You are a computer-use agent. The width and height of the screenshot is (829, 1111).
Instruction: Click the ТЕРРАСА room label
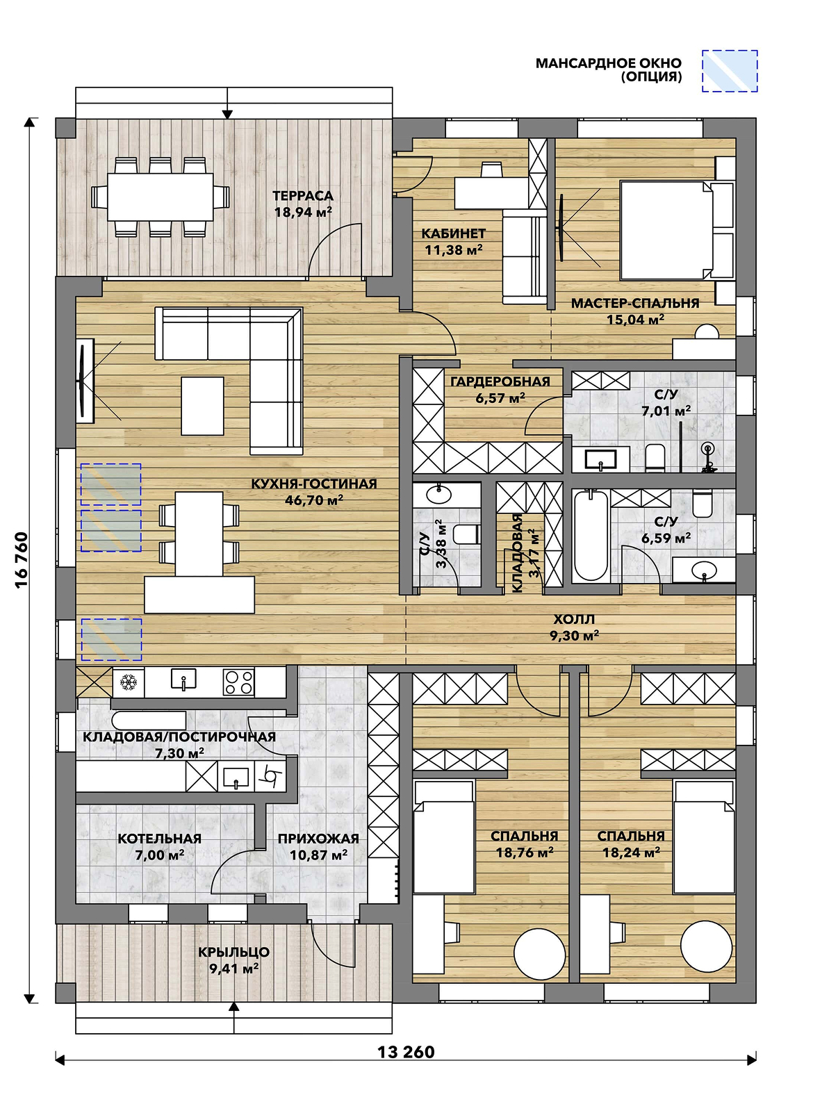pos(303,195)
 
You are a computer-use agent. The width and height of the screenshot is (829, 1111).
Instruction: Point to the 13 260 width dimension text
pos(406,1052)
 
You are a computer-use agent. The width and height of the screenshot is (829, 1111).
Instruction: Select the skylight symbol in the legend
pos(730,71)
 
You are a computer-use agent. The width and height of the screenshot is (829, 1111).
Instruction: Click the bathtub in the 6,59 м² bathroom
pos(591,536)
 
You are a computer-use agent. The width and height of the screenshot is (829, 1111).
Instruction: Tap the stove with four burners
pos(238,682)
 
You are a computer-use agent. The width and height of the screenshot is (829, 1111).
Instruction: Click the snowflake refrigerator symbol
pos(129,682)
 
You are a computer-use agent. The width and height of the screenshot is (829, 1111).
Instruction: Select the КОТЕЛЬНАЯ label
pos(159,839)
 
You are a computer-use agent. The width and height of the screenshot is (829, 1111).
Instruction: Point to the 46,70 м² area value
pos(314,500)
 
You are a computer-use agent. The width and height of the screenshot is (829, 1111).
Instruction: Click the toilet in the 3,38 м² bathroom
pos(466,534)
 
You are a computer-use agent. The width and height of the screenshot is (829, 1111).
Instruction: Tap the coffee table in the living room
pos(202,406)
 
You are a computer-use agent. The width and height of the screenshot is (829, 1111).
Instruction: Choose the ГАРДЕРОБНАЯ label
pos(500,381)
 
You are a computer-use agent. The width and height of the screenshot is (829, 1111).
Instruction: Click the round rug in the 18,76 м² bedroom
pos(539,953)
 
